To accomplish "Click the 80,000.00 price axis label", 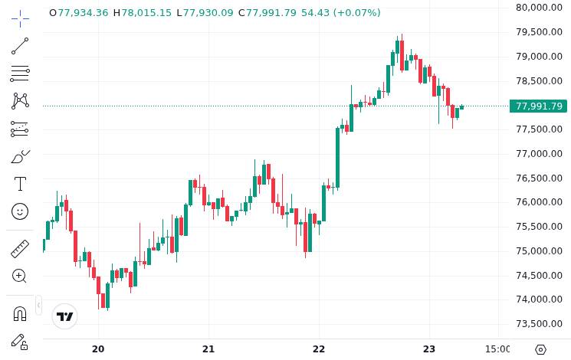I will [x=540, y=8].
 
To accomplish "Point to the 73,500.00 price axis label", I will [x=540, y=324].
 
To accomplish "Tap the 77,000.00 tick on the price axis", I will [x=540, y=154].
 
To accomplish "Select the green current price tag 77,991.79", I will [x=539, y=106].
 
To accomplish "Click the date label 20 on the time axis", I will [x=98, y=349].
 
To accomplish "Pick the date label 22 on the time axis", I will [x=319, y=349].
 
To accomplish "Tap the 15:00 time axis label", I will [x=498, y=349].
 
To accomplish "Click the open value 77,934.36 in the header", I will [x=83, y=13].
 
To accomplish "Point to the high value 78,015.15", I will [x=146, y=13].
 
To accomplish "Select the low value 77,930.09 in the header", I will [x=208, y=13].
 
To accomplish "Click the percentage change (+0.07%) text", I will [x=356, y=13].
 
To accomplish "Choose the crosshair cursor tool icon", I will [x=20, y=17].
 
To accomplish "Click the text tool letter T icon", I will [x=20, y=184].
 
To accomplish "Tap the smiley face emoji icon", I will [x=20, y=211].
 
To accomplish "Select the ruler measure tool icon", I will [x=20, y=249].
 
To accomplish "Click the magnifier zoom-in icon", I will [x=20, y=276].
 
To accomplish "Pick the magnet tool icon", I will [x=20, y=313].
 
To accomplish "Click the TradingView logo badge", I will [x=65, y=316].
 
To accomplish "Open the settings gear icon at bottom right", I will [x=540, y=349].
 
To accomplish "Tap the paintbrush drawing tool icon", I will [x=20, y=157].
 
